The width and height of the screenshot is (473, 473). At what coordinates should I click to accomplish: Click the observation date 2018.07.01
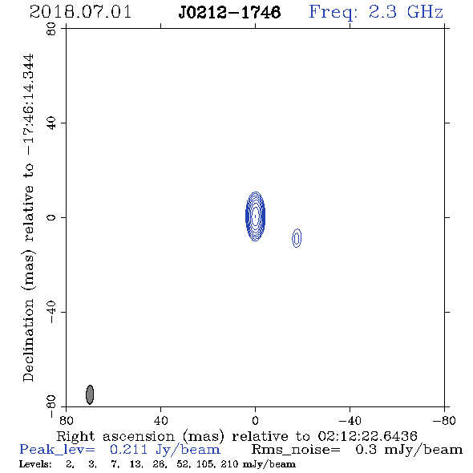pyautogui.click(x=80, y=12)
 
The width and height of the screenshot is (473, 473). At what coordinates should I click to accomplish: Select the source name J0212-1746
pyautogui.click(x=229, y=12)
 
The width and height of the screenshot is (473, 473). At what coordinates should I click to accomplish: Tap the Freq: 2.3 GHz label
pyautogui.click(x=376, y=12)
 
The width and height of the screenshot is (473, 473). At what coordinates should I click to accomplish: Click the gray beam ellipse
pyautogui.click(x=90, y=394)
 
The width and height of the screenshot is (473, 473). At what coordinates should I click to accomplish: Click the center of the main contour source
pyautogui.click(x=255, y=216)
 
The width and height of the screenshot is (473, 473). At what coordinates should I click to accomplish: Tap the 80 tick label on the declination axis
pyautogui.click(x=51, y=29)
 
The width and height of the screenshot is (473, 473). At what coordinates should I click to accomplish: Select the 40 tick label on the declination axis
pyautogui.click(x=51, y=123)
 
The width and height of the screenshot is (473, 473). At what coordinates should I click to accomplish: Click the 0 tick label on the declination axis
pyautogui.click(x=51, y=217)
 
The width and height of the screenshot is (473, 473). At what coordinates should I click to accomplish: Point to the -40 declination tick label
pyautogui.click(x=51, y=312)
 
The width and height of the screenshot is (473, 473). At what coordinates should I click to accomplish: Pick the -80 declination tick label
pyautogui.click(x=51, y=406)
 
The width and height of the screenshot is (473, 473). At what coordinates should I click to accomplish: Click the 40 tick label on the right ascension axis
pyautogui.click(x=160, y=420)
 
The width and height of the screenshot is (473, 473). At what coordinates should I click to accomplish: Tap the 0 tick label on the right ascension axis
pyautogui.click(x=255, y=420)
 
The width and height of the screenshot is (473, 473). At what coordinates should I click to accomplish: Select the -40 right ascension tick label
pyautogui.click(x=350, y=420)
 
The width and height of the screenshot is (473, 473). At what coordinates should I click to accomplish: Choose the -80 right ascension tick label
pyautogui.click(x=444, y=420)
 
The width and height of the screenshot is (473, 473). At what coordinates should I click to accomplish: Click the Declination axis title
pyautogui.click(x=28, y=218)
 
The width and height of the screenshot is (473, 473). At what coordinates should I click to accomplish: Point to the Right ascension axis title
pyautogui.click(x=237, y=436)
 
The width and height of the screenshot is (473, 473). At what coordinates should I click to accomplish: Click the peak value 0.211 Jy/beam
pyautogui.click(x=165, y=450)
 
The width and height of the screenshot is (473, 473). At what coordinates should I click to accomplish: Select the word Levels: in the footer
pyautogui.click(x=35, y=464)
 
